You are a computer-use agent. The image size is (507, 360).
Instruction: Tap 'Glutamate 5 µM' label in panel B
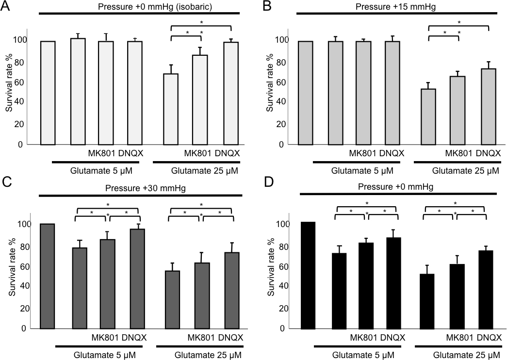pos(359,171)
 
